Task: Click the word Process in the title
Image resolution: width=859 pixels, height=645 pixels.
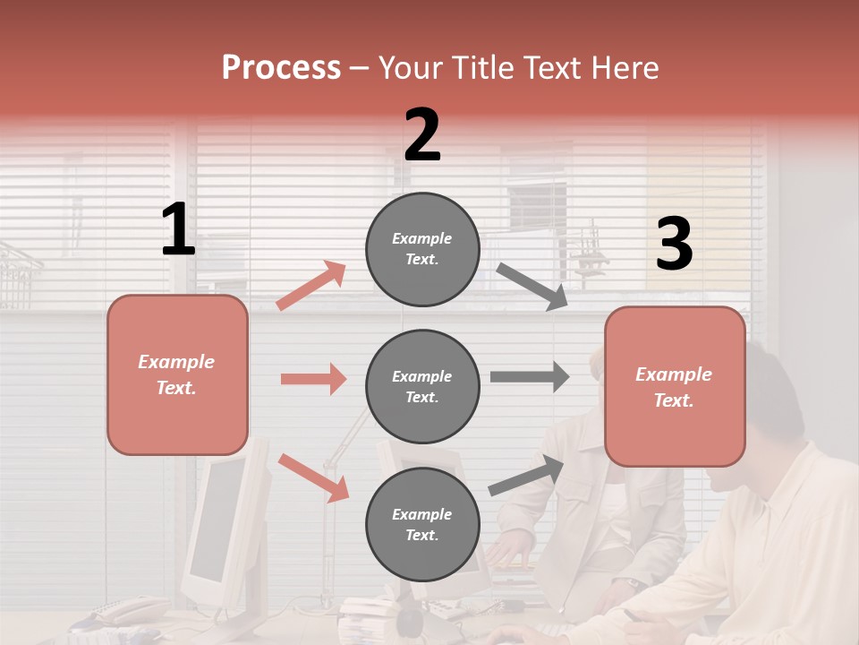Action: pos(281,67)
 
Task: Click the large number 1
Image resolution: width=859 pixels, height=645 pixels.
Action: pos(178,230)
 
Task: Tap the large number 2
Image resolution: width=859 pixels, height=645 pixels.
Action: pos(421,135)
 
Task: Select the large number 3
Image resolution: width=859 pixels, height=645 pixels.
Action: pos(674,245)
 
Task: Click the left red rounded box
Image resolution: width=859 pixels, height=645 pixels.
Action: pos(177,374)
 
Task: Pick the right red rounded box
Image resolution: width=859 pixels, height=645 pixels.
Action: pos(675,386)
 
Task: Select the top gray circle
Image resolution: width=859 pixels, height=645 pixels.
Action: pos(422,249)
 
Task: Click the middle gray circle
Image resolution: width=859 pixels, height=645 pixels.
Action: pos(422,386)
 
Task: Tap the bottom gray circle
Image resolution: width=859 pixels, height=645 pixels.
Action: pos(422,524)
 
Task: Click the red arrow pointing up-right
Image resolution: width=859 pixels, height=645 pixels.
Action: pos(311,286)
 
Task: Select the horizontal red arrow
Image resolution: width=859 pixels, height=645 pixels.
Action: pos(313,379)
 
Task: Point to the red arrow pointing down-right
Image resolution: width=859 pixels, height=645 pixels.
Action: pos(313,477)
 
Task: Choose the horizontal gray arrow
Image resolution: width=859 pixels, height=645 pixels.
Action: pos(529,376)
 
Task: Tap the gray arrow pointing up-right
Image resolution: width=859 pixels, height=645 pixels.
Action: pos(527,476)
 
